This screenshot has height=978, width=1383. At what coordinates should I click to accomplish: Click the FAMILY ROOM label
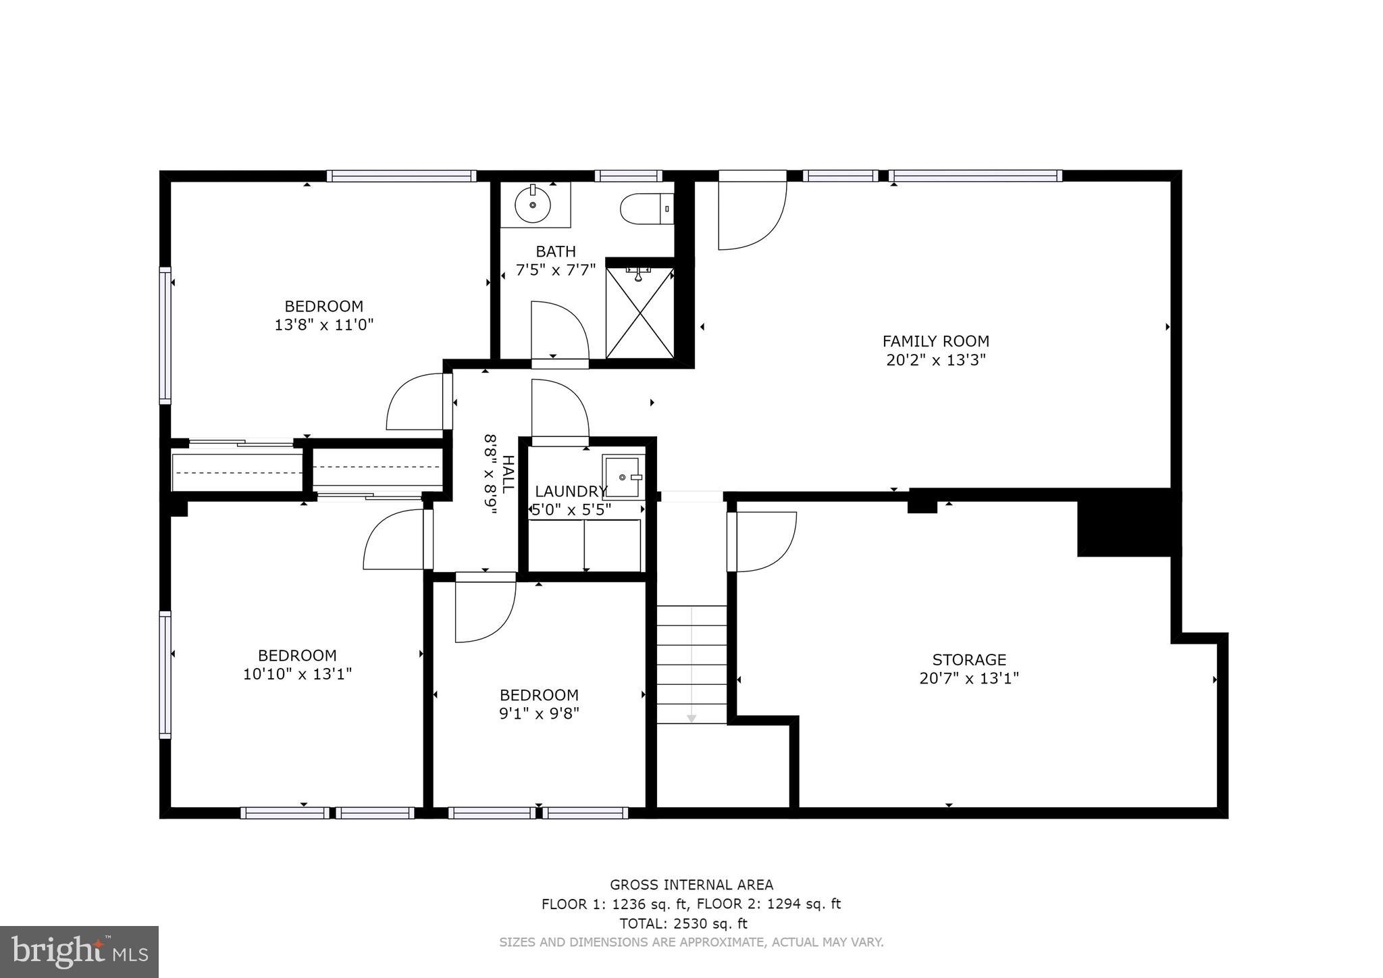[x=935, y=342]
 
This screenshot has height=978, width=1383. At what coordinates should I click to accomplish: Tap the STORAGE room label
[x=969, y=660]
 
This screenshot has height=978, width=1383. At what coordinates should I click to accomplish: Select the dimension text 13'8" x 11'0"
[x=323, y=325]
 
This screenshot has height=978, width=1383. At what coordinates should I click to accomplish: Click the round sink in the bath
[x=533, y=204]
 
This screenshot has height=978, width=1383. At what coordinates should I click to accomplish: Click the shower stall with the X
[x=640, y=313]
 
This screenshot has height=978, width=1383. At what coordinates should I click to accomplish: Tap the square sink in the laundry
[x=623, y=477]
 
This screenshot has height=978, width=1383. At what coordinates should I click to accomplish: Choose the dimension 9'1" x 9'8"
[x=539, y=713]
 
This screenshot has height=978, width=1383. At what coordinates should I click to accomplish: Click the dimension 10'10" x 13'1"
[x=297, y=674]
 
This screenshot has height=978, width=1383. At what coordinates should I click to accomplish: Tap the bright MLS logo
[x=80, y=952]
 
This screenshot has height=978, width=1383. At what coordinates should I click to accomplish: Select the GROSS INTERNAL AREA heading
[x=691, y=885]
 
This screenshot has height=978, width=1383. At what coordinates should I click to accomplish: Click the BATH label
[x=556, y=252]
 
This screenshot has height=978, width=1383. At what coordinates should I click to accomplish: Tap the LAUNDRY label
[x=571, y=491]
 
